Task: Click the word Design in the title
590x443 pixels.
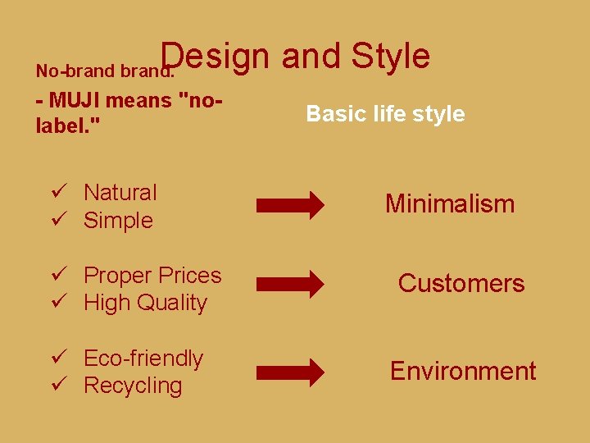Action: [215, 57]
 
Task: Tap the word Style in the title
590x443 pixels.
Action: [391, 57]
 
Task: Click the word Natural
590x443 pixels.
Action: [120, 193]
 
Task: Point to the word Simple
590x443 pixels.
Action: [118, 221]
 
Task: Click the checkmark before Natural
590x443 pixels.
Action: [57, 193]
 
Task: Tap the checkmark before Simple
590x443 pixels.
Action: [57, 221]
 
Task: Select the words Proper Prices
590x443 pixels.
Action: [152, 276]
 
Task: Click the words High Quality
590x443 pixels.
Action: [145, 303]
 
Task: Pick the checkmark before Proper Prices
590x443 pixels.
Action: [57, 276]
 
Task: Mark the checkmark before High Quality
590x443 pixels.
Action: [57, 303]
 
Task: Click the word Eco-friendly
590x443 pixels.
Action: [143, 359]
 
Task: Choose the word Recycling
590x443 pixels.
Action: [133, 386]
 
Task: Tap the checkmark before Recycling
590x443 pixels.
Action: [57, 386]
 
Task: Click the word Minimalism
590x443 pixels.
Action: [450, 203]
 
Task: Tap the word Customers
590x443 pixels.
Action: [461, 284]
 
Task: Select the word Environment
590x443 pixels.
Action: [463, 371]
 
